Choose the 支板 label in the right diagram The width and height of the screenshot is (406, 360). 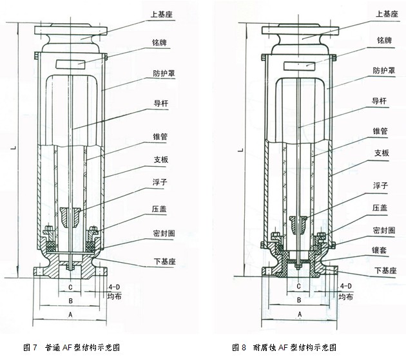point(382,153)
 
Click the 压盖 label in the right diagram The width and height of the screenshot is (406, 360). point(381,207)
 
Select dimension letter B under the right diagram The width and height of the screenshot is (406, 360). point(299,299)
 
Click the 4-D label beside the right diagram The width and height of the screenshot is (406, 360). point(345,285)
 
